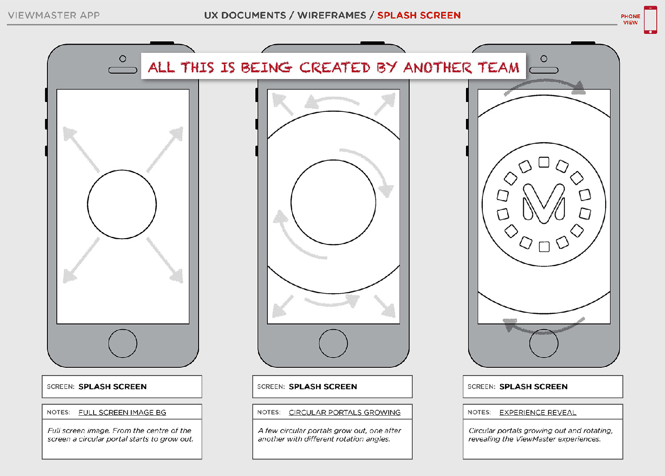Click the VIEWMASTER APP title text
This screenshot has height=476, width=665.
pos(54,15)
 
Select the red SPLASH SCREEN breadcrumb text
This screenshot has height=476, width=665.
pos(419,15)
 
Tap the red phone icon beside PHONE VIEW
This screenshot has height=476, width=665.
pos(650,20)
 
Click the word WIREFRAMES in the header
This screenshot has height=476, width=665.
pos(332,15)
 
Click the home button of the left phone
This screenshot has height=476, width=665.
pos(123,343)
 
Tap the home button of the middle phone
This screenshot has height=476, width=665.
pos(333,343)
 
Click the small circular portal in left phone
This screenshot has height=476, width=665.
pos(122,205)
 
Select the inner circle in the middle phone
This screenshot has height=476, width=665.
pos(333,202)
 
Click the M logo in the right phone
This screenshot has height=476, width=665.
pos(544,204)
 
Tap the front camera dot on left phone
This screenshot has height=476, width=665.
pos(123,59)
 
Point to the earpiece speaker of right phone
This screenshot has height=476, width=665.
pos(544,70)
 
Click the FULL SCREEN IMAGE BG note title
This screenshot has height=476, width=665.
pos(122,412)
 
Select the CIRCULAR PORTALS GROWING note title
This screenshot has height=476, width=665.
pos(344,412)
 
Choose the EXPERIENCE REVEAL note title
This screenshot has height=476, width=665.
pos(538,412)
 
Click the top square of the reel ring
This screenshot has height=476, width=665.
pos(544,162)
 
